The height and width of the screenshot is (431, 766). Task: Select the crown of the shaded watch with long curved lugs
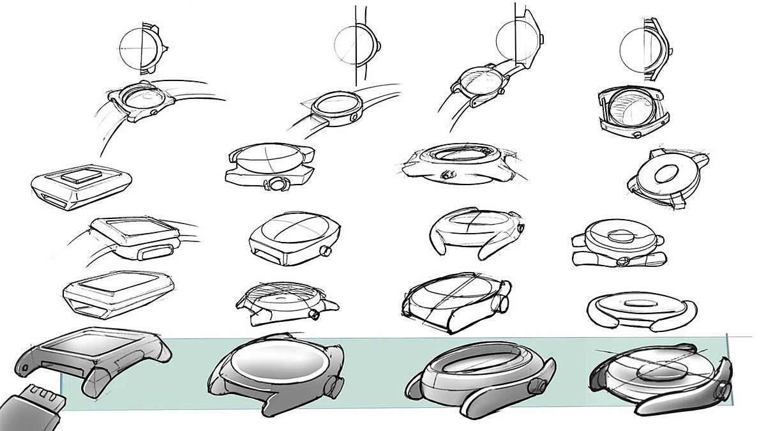point(722,389)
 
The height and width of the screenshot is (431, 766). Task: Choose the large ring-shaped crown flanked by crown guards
point(278,184)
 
